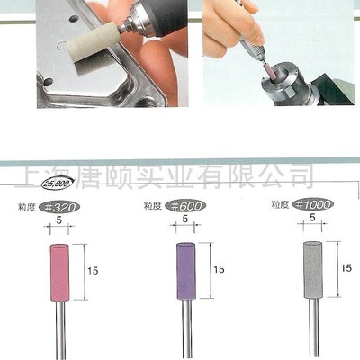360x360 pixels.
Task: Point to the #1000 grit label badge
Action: (315, 204)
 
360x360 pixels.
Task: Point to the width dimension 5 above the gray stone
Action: (310, 218)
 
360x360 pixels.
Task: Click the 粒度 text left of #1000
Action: (279, 205)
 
